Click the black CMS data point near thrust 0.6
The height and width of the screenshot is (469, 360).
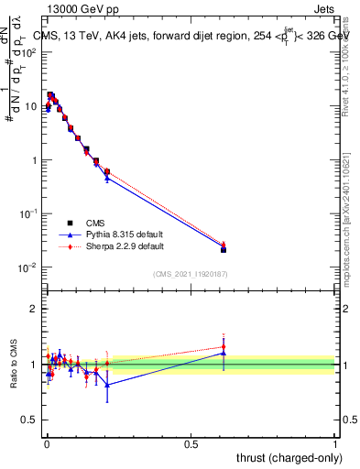pyautogui.click(x=224, y=249)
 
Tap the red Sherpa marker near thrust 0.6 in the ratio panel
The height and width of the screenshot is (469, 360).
pyautogui.click(x=224, y=347)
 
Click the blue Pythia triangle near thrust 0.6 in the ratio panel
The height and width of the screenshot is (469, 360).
pyautogui.click(x=224, y=353)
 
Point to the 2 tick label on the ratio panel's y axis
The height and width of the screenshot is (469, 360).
pyautogui.click(x=34, y=309)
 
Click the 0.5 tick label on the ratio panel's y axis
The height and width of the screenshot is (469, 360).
pyautogui.click(x=30, y=420)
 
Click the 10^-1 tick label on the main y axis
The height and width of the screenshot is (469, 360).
pyautogui.click(x=28, y=213)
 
